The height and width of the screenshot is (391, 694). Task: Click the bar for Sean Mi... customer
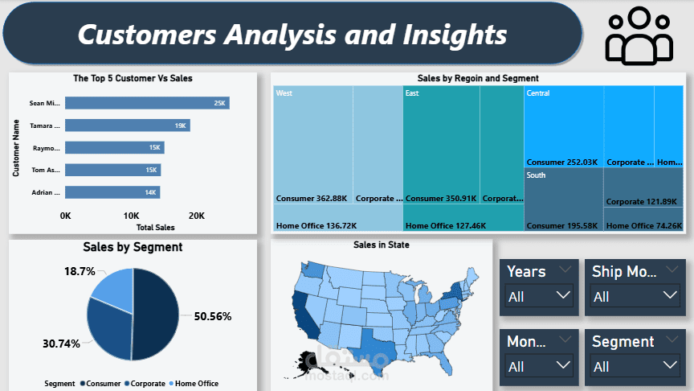point(147,103)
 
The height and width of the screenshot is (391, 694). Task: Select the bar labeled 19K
point(127,126)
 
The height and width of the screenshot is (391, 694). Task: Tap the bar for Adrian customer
point(112,192)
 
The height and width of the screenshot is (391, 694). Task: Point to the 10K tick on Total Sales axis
point(131,216)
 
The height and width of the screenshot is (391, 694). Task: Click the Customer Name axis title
point(15,148)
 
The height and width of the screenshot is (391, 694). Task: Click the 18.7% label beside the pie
point(80,272)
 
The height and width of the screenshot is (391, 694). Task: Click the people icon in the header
point(639,36)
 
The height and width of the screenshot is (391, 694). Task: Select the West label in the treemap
point(284,93)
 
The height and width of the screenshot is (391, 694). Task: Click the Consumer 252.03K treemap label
point(562,162)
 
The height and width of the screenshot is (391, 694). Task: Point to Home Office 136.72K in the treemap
point(316,226)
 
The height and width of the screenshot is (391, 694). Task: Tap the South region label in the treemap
point(536,175)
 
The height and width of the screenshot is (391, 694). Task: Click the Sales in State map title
point(382,245)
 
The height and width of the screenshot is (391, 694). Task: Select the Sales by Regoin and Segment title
point(478,78)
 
